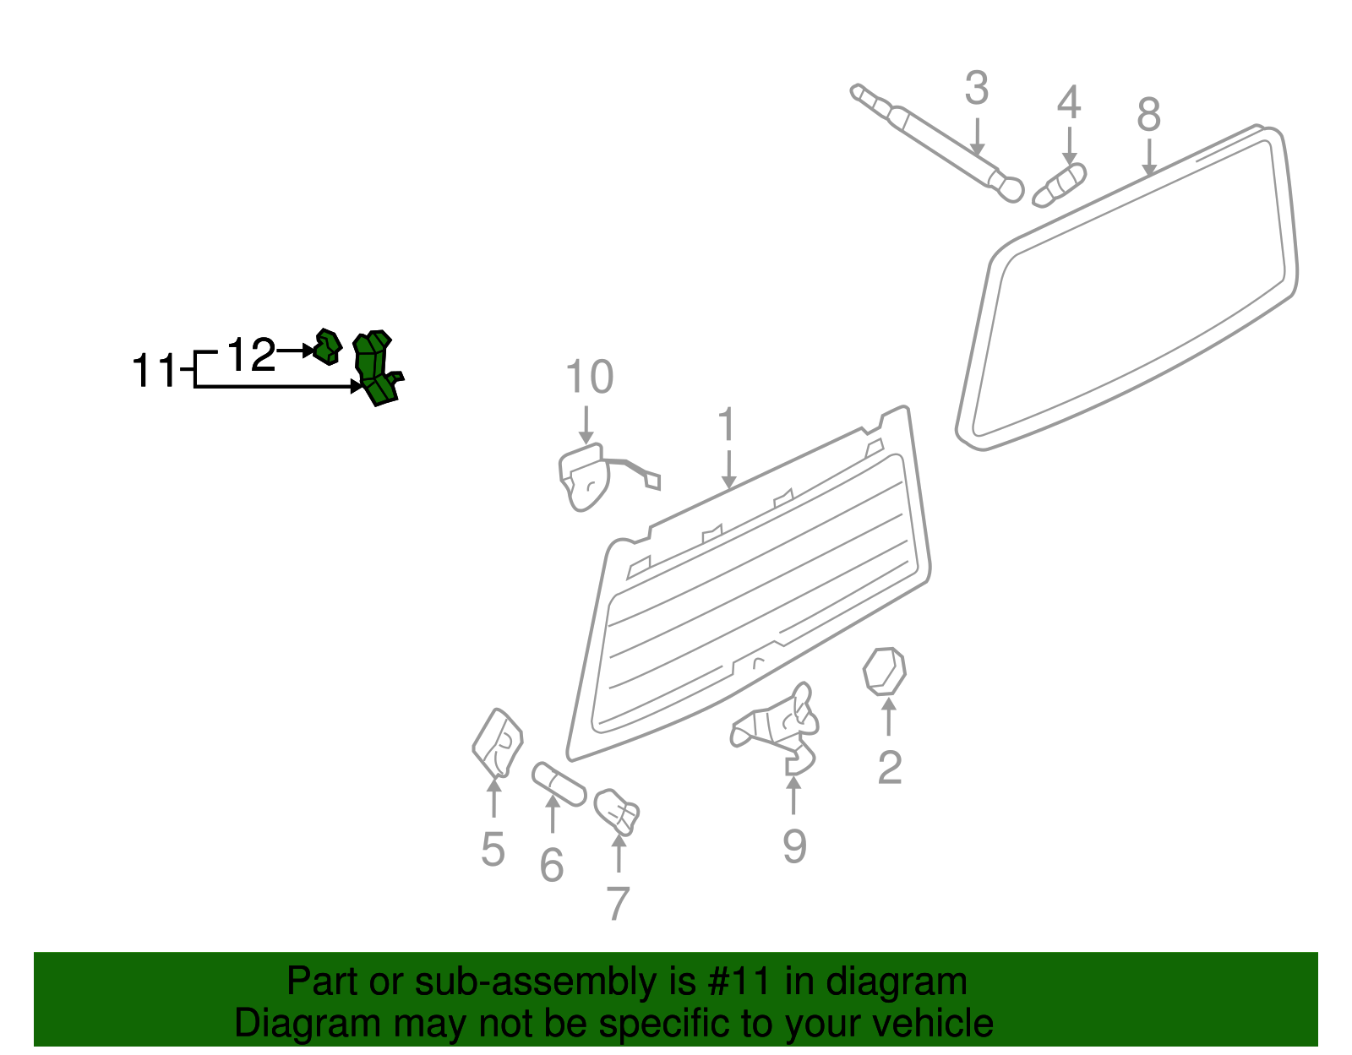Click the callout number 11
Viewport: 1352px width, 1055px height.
point(154,372)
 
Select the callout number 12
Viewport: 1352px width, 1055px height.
point(252,355)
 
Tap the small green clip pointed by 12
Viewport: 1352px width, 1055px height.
point(328,346)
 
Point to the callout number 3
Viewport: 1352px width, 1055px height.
point(976,89)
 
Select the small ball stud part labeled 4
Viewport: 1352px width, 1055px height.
point(1060,184)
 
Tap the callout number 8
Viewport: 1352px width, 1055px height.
point(1148,114)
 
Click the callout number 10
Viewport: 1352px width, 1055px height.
point(589,378)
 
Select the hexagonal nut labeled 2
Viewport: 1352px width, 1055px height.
point(885,672)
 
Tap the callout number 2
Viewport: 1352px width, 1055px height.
point(889,768)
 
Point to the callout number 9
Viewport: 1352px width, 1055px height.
point(793,846)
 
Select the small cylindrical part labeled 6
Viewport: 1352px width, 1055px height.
point(559,785)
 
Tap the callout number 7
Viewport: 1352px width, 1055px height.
point(618,904)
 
